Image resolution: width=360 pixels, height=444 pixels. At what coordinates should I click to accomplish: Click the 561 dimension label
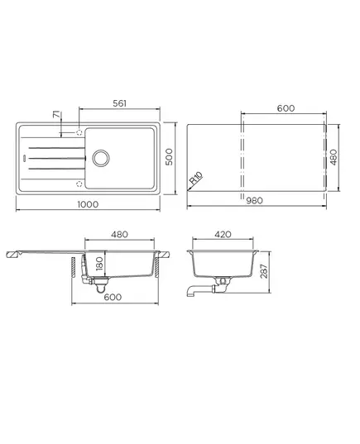pyautogui.click(x=119, y=103)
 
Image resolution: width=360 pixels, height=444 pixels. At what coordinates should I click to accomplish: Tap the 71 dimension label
pyautogui.click(x=57, y=115)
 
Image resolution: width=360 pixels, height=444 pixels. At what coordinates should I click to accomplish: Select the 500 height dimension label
pyautogui.click(x=169, y=157)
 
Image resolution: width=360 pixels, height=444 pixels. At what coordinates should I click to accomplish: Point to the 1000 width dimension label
pyautogui.click(x=88, y=204)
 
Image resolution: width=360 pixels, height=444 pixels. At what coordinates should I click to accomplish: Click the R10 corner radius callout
pyautogui.click(x=196, y=179)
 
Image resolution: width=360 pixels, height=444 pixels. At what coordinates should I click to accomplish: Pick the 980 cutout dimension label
pyautogui.click(x=254, y=200)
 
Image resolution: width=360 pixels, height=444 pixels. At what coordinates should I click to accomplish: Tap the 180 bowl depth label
pyautogui.click(x=99, y=264)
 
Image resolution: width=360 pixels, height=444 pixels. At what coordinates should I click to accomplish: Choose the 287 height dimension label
pyautogui.click(x=264, y=271)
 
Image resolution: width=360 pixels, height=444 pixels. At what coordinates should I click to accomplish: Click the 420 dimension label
pyautogui.click(x=223, y=235)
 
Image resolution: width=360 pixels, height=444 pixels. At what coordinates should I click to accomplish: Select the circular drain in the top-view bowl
pyautogui.click(x=101, y=158)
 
